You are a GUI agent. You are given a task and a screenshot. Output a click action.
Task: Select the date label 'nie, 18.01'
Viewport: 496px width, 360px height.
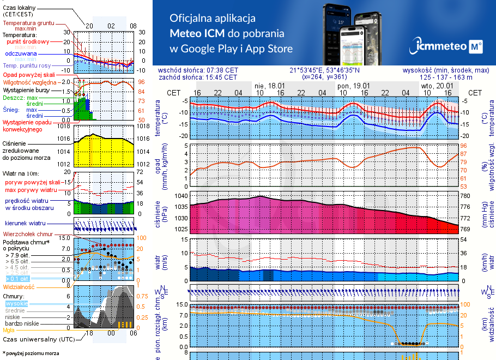pos(270,86)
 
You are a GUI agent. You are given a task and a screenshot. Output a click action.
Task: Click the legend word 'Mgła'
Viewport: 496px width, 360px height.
pos(9,330)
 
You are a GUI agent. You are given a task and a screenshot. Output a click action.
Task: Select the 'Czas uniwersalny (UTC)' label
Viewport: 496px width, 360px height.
pos(39,339)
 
